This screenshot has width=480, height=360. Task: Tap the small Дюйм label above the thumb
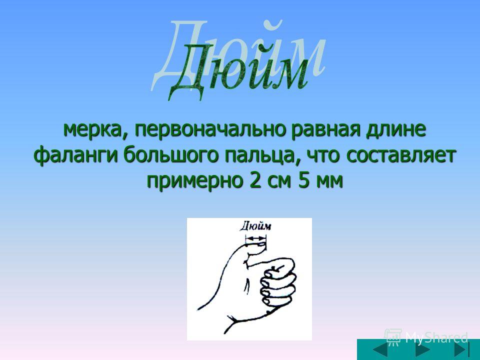pyautogui.click(x=255, y=226)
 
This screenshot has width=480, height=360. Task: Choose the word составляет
pyautogui.click(x=399, y=156)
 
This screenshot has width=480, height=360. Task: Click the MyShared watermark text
pyautogui.click(x=436, y=337)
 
